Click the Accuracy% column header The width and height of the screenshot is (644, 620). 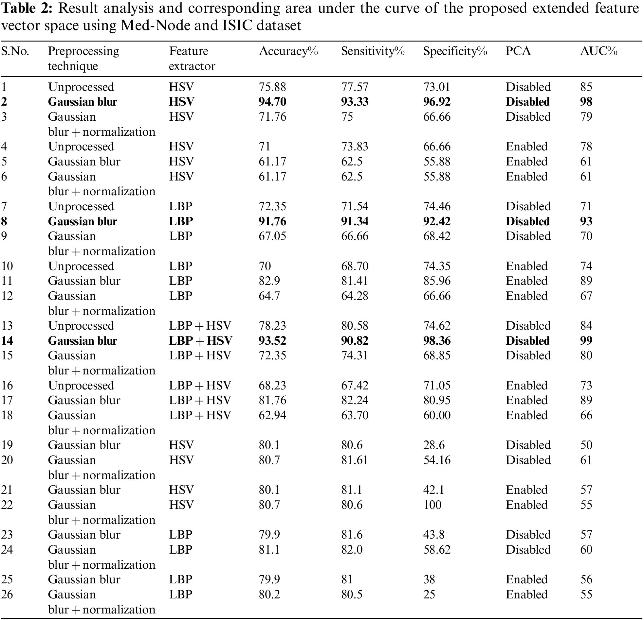coord(288,51)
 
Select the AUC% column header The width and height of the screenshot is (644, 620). coord(599,51)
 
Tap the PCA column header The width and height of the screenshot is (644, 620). coord(518,51)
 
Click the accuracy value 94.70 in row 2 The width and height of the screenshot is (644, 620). coord(272,102)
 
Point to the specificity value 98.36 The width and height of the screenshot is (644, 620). coord(437,341)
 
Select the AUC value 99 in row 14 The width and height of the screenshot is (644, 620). coord(586,341)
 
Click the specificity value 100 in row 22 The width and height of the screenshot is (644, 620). coord(432,505)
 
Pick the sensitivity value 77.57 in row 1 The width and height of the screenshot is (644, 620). coord(355,87)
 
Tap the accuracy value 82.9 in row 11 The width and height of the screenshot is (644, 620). coord(269,281)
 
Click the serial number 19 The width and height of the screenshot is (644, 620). coord(7,445)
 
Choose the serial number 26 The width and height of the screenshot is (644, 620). coord(7,594)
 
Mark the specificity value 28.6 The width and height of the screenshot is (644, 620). coord(434,445)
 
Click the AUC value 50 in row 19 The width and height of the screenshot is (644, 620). coord(586,445)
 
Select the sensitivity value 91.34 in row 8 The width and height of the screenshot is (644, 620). coord(355,221)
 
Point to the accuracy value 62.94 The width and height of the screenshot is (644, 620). coord(272,415)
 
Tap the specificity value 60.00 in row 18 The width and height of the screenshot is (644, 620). coord(437,415)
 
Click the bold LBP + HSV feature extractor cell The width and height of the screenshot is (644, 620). coord(200,341)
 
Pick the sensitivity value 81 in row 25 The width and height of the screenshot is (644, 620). coord(347,579)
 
